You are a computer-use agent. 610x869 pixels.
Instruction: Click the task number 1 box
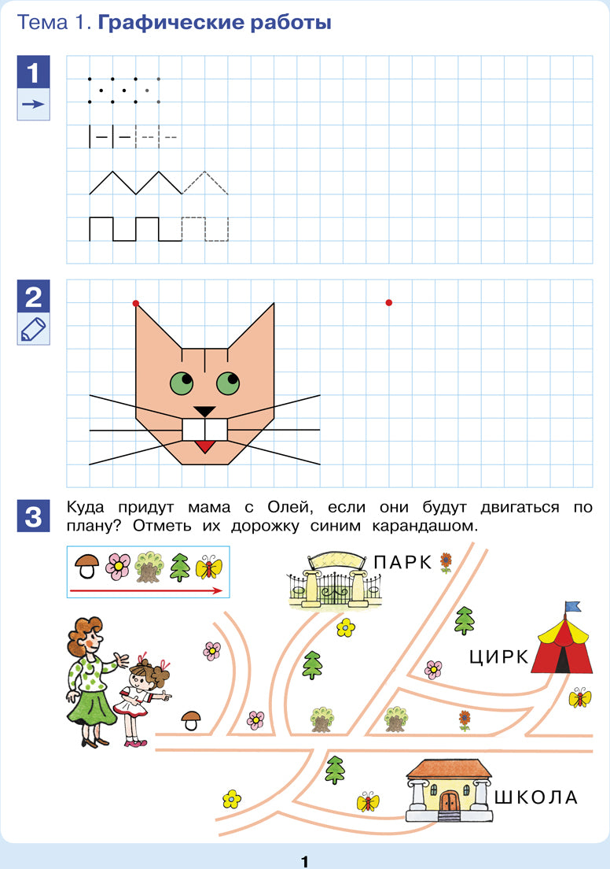[x=33, y=72]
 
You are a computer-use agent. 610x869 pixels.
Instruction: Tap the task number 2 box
[x=33, y=296]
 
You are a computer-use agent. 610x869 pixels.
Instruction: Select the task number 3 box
[x=33, y=516]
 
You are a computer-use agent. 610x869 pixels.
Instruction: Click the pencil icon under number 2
[x=33, y=329]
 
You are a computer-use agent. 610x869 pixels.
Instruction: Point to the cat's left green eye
[x=182, y=383]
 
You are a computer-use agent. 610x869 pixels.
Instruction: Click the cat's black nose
[x=204, y=411]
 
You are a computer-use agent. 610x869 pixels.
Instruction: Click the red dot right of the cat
[x=388, y=302]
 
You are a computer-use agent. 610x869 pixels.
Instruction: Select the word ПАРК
[x=402, y=562]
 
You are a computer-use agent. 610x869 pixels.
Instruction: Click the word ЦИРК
[x=499, y=657]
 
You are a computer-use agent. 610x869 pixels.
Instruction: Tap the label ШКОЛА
[x=536, y=797]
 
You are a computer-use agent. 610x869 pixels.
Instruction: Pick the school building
[x=449, y=790]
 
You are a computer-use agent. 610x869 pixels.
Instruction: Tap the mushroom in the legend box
[x=87, y=567]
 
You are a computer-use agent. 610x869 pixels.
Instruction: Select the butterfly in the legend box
[x=208, y=568]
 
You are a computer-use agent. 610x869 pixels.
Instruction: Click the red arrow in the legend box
[x=146, y=591]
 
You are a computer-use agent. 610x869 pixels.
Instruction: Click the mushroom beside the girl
[x=192, y=720]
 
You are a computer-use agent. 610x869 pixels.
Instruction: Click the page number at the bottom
[x=304, y=861]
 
